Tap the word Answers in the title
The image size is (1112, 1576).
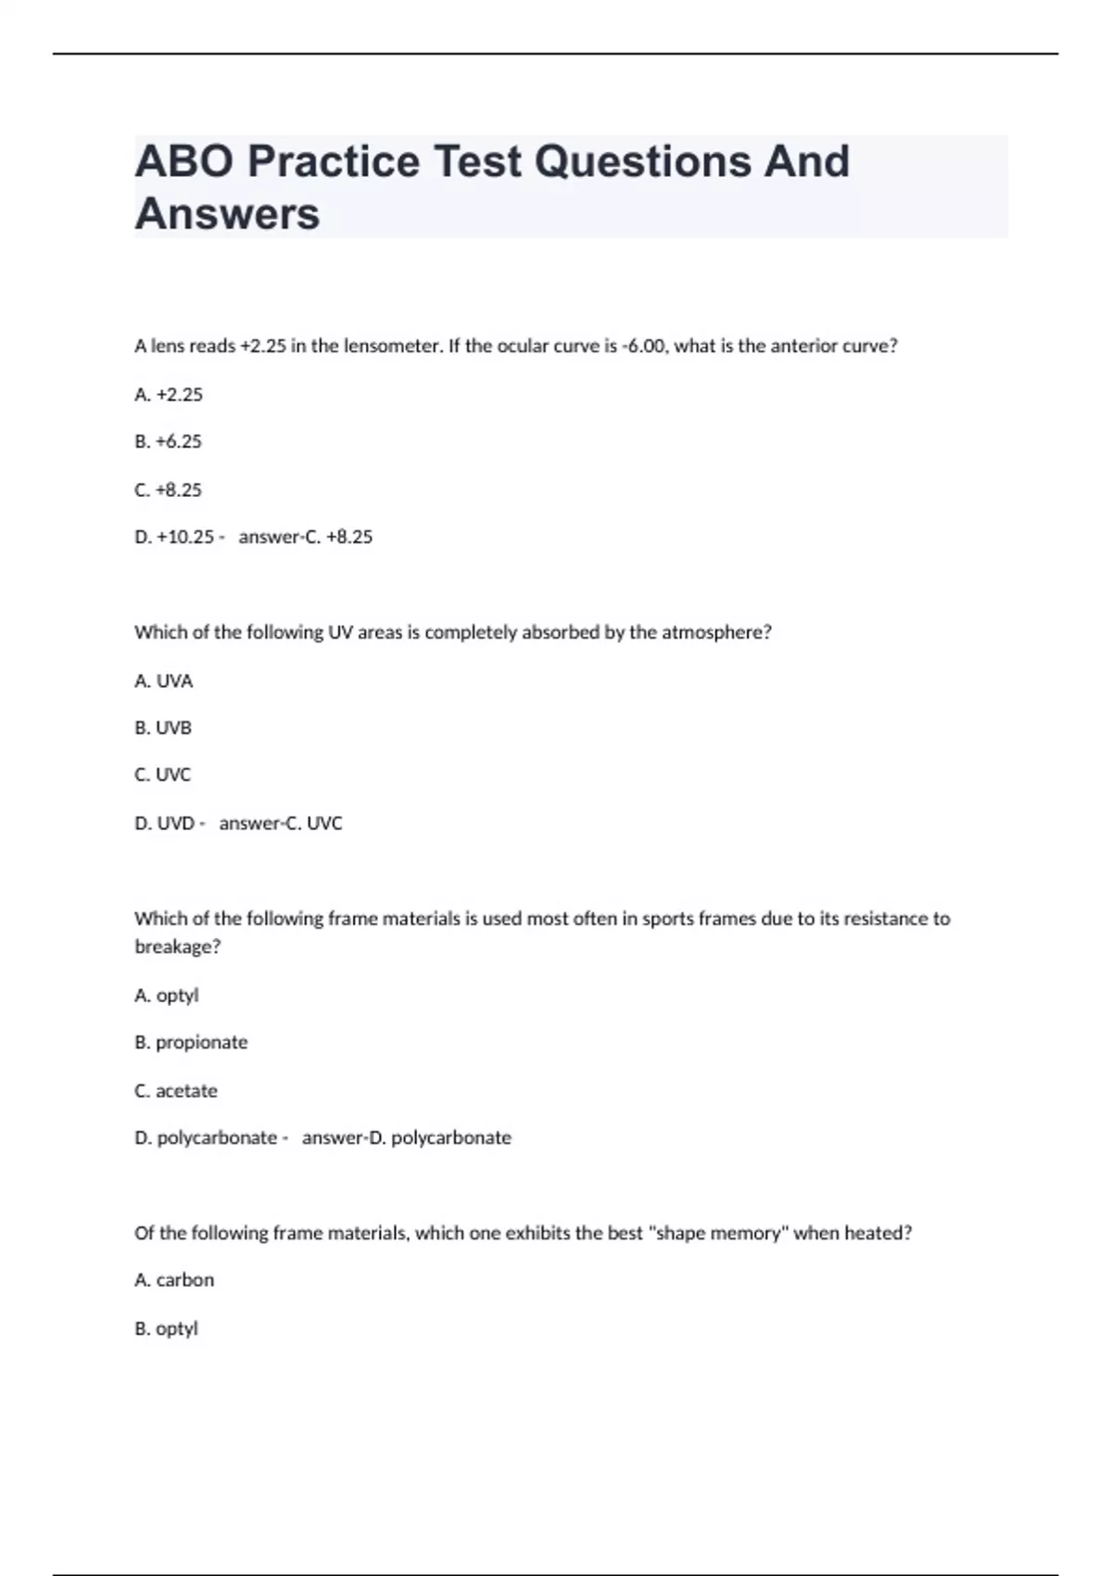[227, 214]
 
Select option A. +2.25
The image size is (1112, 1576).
[169, 395]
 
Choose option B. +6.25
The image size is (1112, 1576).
[168, 442]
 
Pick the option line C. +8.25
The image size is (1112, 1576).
[168, 490]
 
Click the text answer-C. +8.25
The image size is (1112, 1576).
[306, 538]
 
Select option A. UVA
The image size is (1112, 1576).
[163, 681]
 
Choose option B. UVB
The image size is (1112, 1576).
[163, 729]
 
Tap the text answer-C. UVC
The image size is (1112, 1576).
[281, 823]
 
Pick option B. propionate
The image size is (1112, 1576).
[191, 1043]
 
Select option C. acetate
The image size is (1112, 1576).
[176, 1091]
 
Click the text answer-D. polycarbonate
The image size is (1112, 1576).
[407, 1138]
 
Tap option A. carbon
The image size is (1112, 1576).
[174, 1280]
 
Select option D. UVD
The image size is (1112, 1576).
[165, 823]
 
